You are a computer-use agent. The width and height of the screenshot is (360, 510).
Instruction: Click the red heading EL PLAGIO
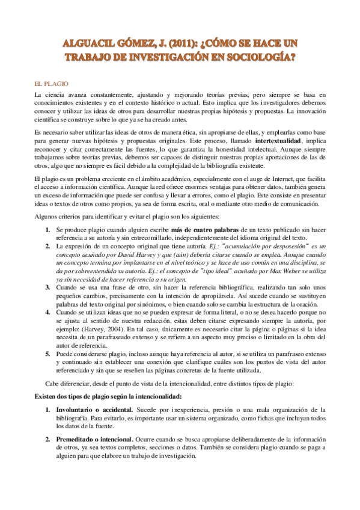tap(50, 84)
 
